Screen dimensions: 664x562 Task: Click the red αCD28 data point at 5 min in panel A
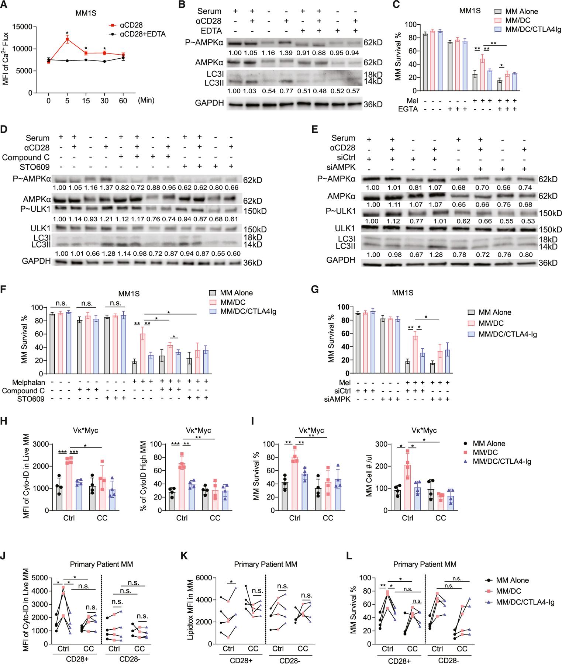click(67, 39)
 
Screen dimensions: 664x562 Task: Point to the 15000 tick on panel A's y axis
click(23, 26)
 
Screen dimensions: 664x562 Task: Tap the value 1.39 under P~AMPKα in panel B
click(285, 52)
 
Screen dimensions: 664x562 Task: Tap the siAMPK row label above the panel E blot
click(343, 167)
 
